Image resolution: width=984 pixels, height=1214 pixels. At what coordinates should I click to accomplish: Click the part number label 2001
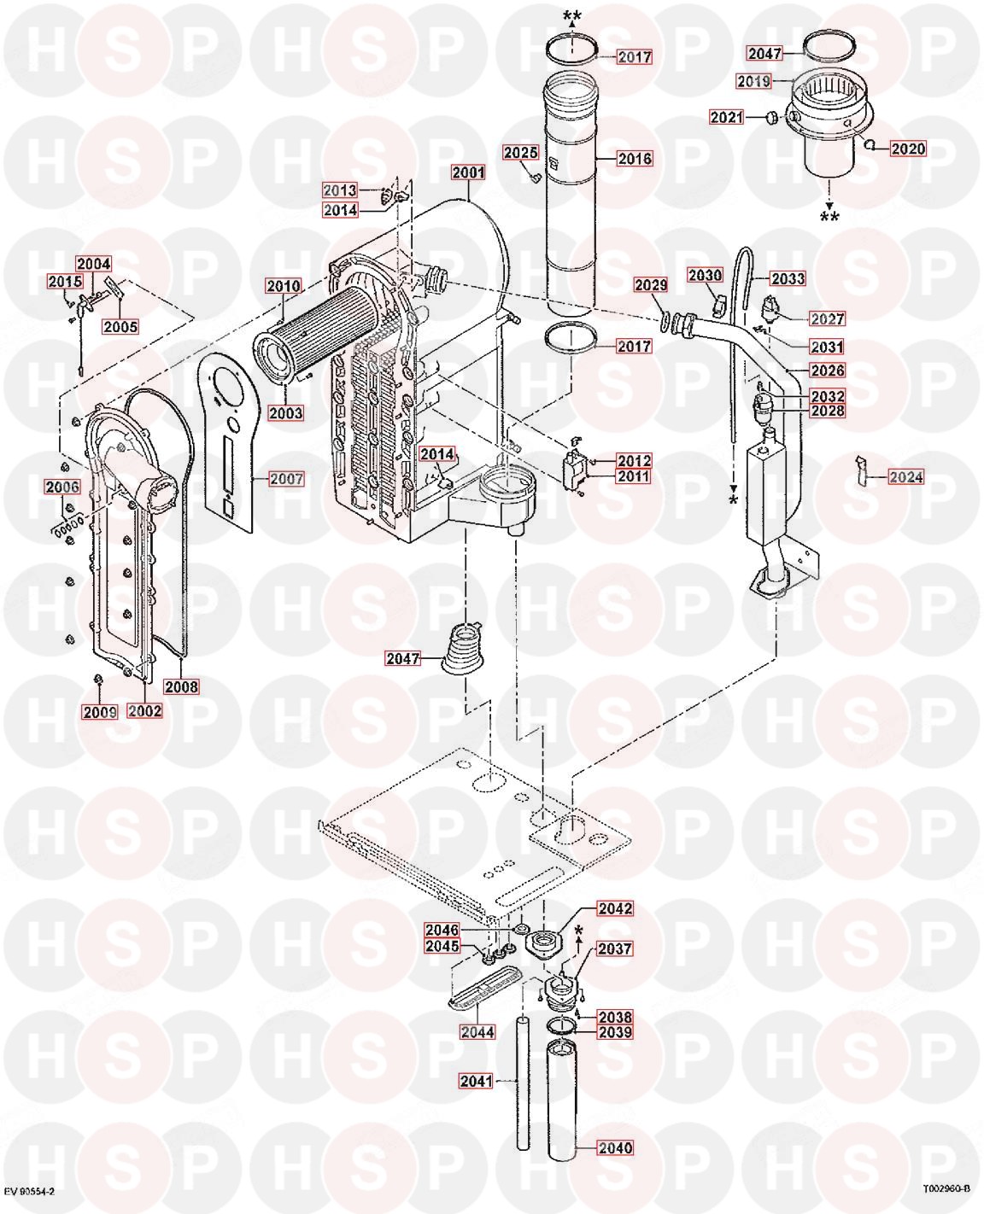[469, 172]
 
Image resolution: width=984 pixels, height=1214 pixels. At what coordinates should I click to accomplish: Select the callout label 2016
[635, 159]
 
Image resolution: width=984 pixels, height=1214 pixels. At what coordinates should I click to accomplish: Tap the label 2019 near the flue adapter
[753, 81]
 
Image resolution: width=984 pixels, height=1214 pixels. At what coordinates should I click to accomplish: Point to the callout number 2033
[788, 278]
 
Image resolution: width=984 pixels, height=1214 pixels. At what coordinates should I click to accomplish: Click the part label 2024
[906, 476]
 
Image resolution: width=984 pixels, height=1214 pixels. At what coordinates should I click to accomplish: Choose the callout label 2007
[287, 479]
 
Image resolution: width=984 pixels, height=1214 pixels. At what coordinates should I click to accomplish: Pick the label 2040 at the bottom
[615, 1147]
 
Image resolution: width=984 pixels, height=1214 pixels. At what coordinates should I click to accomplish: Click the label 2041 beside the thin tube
[476, 1081]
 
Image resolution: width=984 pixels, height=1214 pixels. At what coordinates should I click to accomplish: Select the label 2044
[477, 1031]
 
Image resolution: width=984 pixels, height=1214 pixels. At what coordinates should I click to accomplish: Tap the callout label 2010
[284, 285]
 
